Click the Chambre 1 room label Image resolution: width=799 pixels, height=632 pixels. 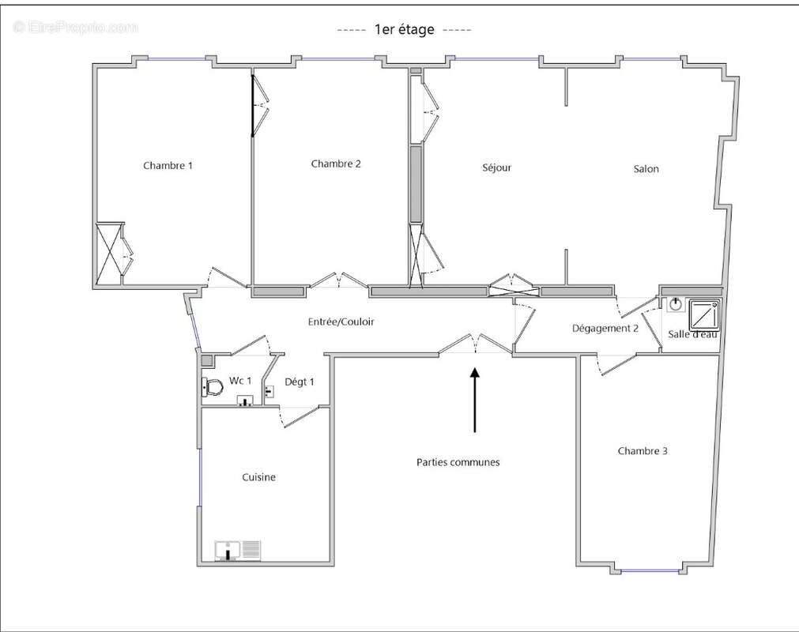168,166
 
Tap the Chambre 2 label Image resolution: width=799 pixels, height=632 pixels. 336,164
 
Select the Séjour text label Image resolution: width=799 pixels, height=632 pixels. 497,167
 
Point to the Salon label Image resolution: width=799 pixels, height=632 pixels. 646,169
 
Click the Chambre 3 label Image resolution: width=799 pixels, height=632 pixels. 643,451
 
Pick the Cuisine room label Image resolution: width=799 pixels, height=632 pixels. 258,477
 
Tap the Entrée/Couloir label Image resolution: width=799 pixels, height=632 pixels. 341,322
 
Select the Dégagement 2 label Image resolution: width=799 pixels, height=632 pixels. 605,329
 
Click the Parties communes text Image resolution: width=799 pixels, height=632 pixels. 458,462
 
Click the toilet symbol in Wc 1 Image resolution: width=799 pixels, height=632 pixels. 211,387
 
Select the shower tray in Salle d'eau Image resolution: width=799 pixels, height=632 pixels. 704,315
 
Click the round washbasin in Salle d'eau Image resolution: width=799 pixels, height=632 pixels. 676,304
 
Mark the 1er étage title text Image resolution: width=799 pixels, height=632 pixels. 404,30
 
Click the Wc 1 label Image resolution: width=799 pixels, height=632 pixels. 240,381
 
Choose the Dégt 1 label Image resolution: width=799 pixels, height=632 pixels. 300,382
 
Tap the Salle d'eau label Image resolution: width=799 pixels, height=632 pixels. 692,335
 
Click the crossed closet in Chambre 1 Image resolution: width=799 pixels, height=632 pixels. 109,254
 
